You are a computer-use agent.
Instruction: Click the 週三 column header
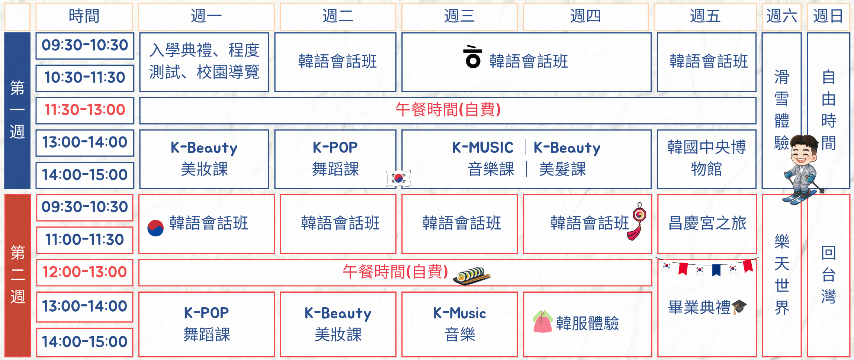click(459, 16)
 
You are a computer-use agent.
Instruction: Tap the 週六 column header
click(781, 16)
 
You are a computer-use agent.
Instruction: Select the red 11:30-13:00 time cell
click(85, 110)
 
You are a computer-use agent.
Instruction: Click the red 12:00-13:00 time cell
click(85, 272)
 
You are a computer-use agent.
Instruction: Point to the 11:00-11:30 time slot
click(85, 240)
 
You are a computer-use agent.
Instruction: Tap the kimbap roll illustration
click(472, 276)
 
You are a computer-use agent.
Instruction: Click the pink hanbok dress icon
click(542, 321)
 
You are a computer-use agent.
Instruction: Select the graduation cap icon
click(739, 307)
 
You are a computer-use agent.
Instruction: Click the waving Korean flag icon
click(398, 179)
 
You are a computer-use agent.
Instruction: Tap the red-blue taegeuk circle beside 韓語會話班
click(155, 228)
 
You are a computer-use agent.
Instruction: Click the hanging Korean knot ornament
click(638, 222)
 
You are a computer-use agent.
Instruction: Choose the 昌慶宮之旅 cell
click(707, 224)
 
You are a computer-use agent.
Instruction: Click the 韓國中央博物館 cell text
click(706, 158)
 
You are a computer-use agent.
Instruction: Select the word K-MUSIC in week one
click(482, 148)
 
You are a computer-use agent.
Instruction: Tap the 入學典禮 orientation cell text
click(204, 61)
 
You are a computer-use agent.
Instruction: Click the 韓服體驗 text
click(587, 323)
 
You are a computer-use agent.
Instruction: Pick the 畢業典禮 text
click(699, 308)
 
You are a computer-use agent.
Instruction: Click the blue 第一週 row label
click(17, 110)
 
